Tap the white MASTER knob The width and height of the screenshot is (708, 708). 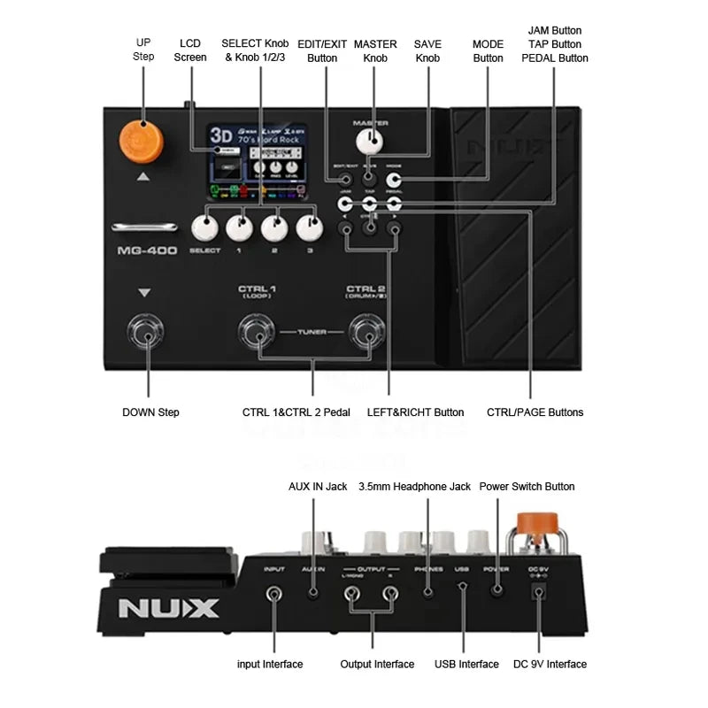pos(371,142)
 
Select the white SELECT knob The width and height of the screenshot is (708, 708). pos(204,227)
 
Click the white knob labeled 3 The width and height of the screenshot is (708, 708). pos(310,227)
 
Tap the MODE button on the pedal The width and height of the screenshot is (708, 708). pos(394,181)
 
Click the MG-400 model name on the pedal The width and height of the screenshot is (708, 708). pos(147,250)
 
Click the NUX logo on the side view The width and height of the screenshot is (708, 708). pos(169,609)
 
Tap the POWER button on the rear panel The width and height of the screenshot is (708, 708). pos(496,589)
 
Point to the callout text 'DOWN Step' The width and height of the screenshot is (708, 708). pos(150,412)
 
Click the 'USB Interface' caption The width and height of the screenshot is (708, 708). pos(466,664)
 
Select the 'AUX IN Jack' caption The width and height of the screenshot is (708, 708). pos(318,486)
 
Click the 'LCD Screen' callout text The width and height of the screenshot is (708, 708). pos(190,50)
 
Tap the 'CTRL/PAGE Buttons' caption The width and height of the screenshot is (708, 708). pos(535,412)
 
